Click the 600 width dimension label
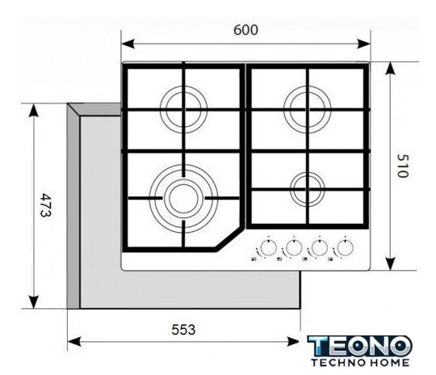245,30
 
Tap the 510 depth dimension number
402,166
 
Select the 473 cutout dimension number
45,205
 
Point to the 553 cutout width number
183,330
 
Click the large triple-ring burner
183,199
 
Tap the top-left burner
183,109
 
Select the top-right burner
308,109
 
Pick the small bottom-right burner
308,189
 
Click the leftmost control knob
269,247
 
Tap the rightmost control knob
345,247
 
